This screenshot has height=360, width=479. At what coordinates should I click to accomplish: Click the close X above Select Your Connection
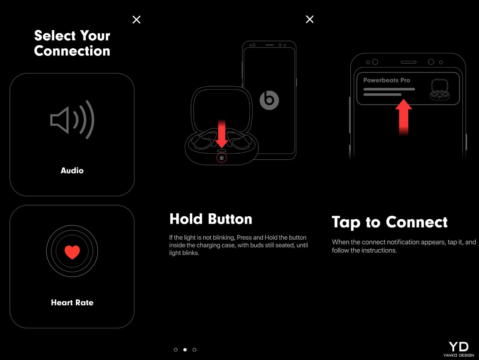coord(136,19)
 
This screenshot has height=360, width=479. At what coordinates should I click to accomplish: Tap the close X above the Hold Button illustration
coord(309,19)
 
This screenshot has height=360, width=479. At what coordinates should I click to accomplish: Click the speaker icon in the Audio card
coord(72,120)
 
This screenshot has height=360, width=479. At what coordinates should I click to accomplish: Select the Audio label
coord(72,171)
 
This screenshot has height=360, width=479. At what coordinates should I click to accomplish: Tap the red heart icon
coord(72,252)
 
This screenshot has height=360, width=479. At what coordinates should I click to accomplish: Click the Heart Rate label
coord(72,303)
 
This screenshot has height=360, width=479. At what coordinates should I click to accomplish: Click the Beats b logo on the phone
coord(269,100)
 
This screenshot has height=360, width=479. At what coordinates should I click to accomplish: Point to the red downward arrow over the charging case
coord(222,134)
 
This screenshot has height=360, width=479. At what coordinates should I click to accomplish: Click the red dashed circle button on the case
coord(222,157)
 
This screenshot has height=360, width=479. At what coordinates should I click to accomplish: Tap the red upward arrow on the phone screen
coord(403,117)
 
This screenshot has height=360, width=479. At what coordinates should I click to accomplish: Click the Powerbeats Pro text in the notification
coord(387,80)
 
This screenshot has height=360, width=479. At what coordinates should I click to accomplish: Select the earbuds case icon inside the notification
coord(439,89)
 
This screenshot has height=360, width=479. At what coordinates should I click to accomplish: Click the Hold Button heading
coord(211,219)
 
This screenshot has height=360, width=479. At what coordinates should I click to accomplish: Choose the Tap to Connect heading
coord(390,222)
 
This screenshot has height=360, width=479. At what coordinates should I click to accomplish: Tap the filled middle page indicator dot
coord(185,350)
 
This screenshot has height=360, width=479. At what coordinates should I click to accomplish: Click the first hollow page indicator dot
coord(176,350)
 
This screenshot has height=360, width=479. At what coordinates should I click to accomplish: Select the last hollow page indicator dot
coord(194,350)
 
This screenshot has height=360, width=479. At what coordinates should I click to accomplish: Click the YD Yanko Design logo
coord(458,349)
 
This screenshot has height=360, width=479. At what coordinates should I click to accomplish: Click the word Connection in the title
coord(72,51)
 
